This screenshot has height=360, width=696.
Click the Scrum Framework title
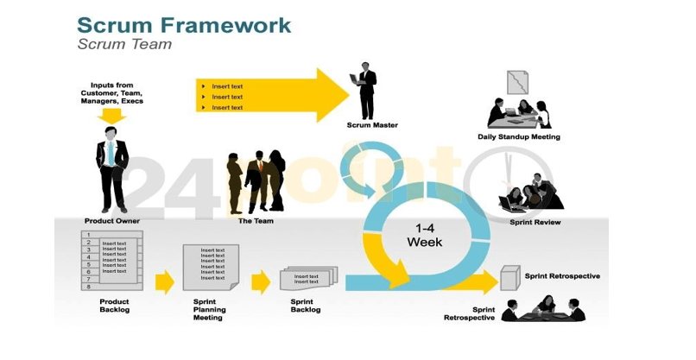(x=183, y=23)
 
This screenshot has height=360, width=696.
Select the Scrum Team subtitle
(x=124, y=45)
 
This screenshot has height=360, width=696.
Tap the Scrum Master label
(x=371, y=126)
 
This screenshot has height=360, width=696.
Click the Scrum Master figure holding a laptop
(x=367, y=91)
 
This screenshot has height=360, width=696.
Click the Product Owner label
(x=111, y=222)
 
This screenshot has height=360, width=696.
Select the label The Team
(x=256, y=222)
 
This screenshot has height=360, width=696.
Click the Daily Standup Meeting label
(x=518, y=137)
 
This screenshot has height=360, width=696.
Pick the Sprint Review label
(x=535, y=223)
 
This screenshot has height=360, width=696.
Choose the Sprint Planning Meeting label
(x=209, y=310)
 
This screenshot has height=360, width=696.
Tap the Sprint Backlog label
(x=305, y=306)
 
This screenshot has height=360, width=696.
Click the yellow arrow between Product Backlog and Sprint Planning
(x=164, y=281)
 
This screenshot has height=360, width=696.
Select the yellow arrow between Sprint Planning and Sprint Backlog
(x=261, y=281)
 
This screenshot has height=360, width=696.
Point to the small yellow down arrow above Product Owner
(x=111, y=115)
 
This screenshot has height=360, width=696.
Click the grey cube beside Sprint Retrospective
(x=510, y=279)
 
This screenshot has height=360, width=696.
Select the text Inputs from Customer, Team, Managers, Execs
(x=111, y=93)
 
